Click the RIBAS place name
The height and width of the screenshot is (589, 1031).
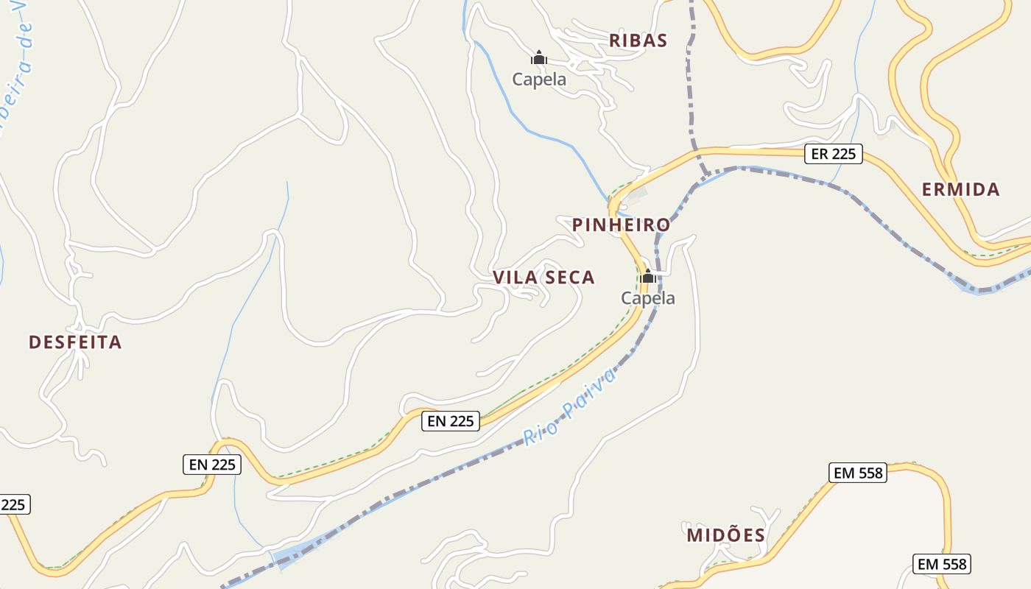coord(638,40)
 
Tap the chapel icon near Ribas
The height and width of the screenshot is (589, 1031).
coord(539,57)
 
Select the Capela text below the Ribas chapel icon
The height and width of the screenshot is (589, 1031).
coord(539,80)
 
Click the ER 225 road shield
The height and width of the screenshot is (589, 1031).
coord(834,154)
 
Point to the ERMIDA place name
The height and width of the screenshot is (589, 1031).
coord(961,189)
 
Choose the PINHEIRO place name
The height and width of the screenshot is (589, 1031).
coord(622,225)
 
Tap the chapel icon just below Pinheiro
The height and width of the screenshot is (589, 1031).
coord(648,277)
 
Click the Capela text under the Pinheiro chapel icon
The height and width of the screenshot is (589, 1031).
coord(648,298)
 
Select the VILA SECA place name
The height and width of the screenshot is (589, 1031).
coord(543,278)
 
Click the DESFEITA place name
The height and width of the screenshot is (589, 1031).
coord(75,342)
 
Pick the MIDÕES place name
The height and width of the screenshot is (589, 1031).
coord(726,535)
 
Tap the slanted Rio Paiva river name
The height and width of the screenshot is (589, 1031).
coord(569,406)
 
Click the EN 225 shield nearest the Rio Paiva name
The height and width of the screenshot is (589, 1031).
coord(451,421)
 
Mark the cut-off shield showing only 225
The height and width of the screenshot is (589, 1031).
coord(13,505)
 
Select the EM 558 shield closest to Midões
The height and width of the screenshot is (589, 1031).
coord(858,473)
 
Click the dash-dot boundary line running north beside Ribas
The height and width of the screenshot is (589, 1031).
coord(690,88)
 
